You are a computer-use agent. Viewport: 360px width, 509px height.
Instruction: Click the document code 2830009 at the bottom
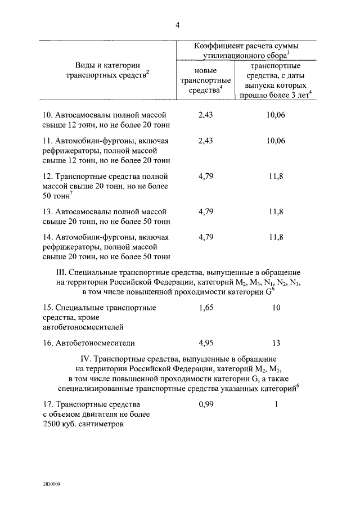click(51, 483)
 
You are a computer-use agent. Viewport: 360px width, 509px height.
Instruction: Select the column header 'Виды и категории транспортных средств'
click(107, 70)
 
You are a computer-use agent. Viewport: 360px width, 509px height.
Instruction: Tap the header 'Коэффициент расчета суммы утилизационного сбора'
click(246, 49)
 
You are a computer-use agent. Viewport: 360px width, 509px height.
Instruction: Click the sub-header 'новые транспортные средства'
click(205, 80)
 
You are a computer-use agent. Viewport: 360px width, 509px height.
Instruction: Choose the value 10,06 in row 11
click(276, 140)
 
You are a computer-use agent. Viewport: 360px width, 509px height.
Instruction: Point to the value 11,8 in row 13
click(276, 211)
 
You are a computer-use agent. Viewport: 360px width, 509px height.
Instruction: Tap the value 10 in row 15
click(276, 308)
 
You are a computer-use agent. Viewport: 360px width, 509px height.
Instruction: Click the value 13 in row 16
click(276, 342)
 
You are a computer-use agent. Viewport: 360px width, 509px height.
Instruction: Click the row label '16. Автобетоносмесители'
click(89, 342)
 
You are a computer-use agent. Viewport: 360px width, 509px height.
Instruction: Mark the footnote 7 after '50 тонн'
click(71, 194)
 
